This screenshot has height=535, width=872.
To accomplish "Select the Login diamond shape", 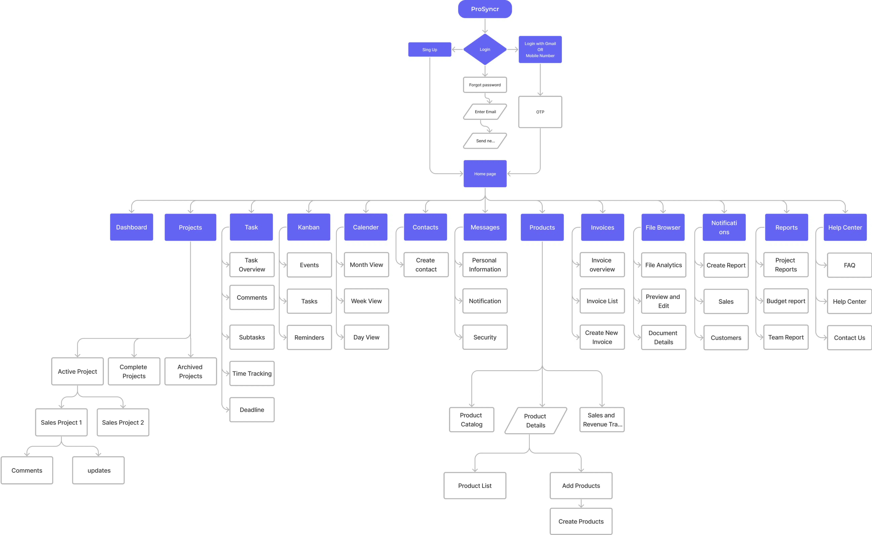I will (x=485, y=50).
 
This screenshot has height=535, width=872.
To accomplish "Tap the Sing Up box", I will (x=430, y=50).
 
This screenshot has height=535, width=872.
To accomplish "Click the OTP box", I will (x=540, y=112).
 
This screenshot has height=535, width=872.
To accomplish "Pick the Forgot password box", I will (x=485, y=85).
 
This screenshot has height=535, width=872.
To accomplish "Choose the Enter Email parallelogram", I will (x=485, y=112).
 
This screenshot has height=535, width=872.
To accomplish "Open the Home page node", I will (x=485, y=174).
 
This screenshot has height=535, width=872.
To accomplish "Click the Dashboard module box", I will (x=131, y=227).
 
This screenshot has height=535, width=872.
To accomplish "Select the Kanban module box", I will (x=309, y=227).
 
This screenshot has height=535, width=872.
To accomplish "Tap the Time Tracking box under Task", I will (x=252, y=374).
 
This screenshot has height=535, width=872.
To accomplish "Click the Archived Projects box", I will (x=190, y=371).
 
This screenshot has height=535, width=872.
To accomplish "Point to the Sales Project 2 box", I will (x=123, y=422).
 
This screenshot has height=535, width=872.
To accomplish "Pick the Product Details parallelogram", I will (x=535, y=421).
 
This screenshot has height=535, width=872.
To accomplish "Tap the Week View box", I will (x=366, y=301).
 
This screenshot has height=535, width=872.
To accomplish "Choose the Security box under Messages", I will (x=485, y=337).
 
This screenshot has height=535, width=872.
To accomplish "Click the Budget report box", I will (x=786, y=301).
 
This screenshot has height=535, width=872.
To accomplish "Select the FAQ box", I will (x=849, y=265).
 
